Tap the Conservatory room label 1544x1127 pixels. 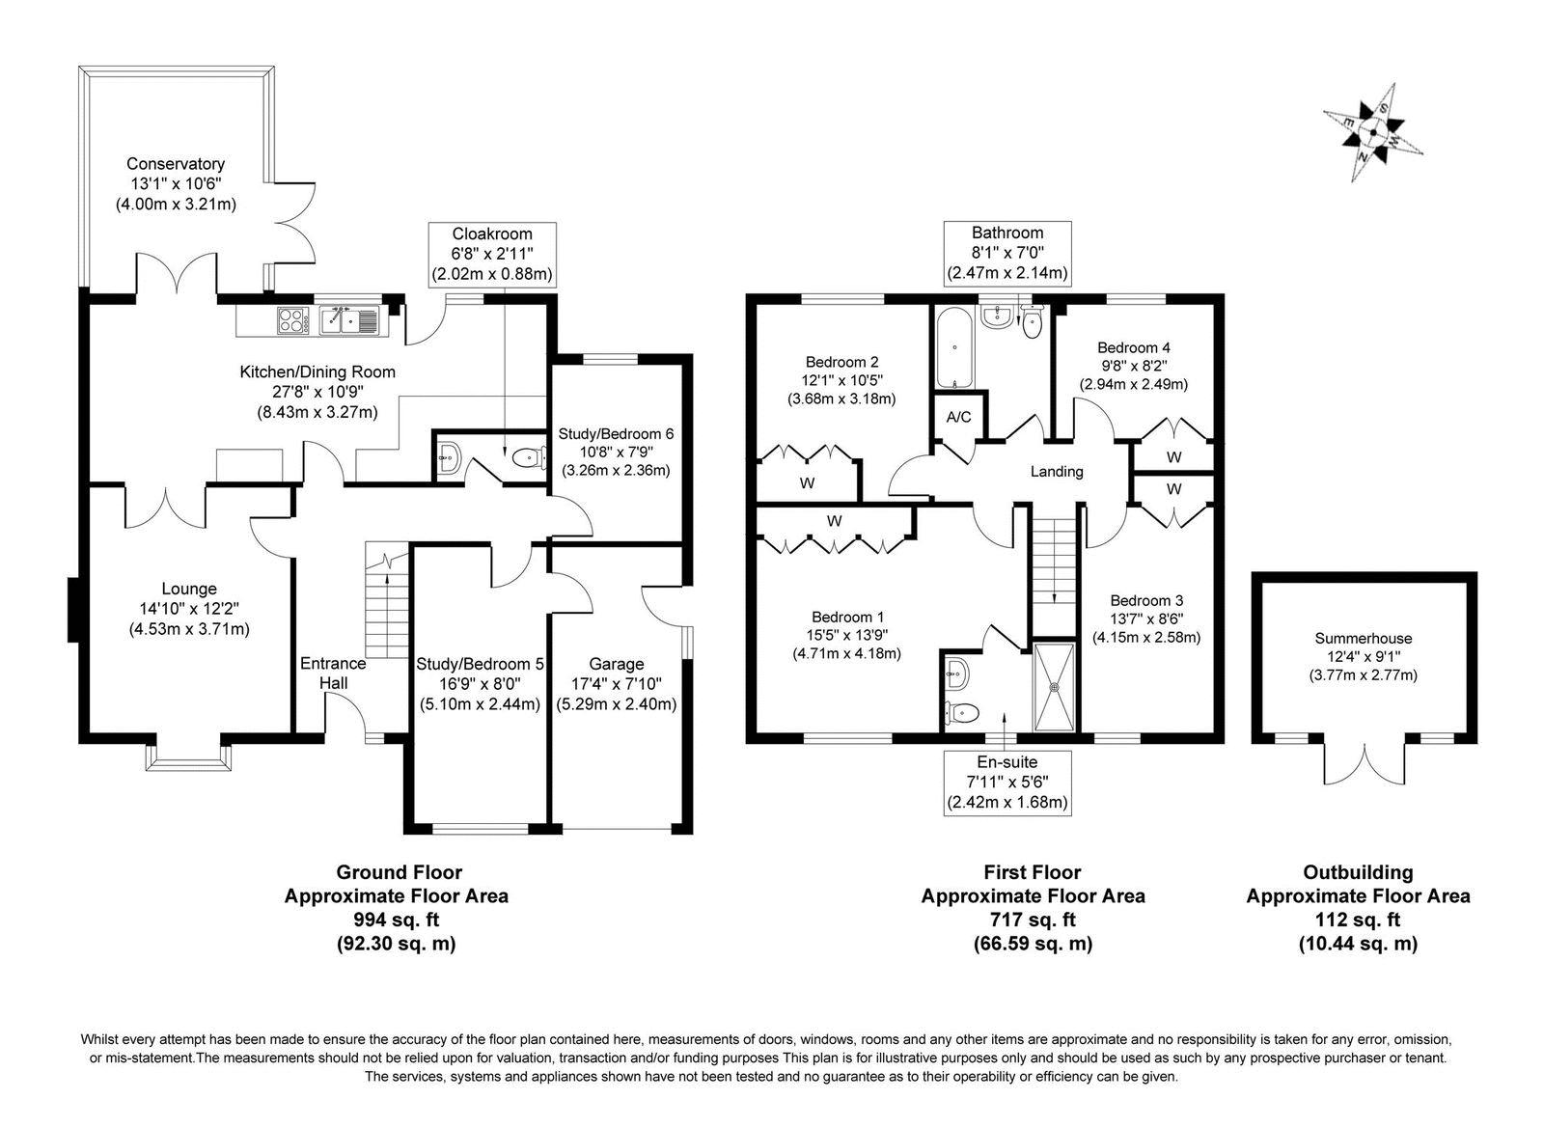tap(176, 165)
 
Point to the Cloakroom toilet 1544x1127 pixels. tap(526, 458)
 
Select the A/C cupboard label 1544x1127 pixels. tap(958, 418)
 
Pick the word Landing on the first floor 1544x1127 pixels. tap(1057, 472)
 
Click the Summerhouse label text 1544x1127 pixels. tap(1363, 638)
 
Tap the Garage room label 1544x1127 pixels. tap(617, 664)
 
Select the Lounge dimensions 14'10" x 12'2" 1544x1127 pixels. tap(189, 608)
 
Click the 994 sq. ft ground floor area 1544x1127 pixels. tap(396, 920)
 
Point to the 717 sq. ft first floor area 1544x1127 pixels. tap(1033, 920)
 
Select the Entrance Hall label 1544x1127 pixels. tap(333, 673)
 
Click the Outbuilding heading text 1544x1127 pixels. tap(1358, 872)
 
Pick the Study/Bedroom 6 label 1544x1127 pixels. tap(616, 434)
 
